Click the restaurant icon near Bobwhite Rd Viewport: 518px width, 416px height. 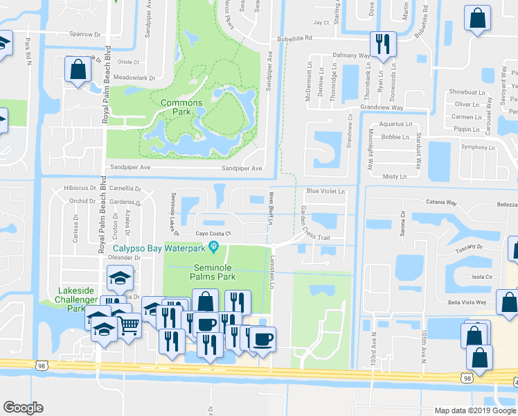tap(382, 44)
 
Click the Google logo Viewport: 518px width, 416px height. tap(24, 408)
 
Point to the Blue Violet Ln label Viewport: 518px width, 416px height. tap(325, 192)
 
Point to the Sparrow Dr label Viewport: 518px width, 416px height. tap(85, 33)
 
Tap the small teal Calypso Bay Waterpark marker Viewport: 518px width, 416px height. tap(215, 247)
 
